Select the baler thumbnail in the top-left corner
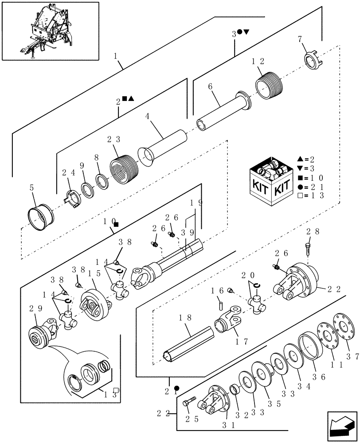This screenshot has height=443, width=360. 50,31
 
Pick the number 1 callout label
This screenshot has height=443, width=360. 116,57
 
